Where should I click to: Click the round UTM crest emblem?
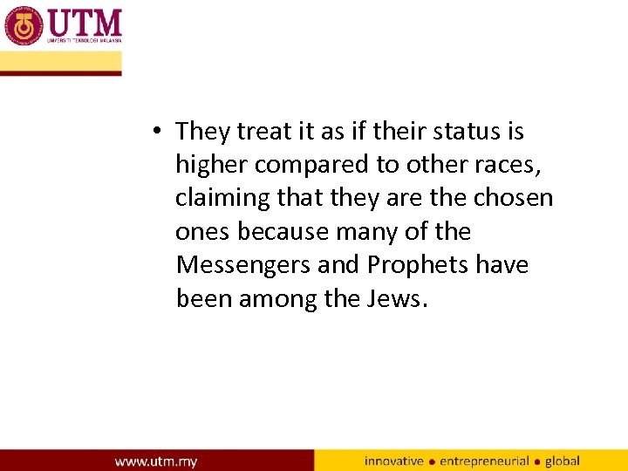point(24,26)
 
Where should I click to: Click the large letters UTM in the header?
point(85,22)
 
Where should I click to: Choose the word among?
point(278,298)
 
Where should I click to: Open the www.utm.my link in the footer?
point(156,461)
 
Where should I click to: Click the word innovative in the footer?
point(394,461)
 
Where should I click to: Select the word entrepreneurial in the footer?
point(484,461)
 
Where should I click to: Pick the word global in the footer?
point(563,461)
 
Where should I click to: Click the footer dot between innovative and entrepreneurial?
point(432,461)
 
